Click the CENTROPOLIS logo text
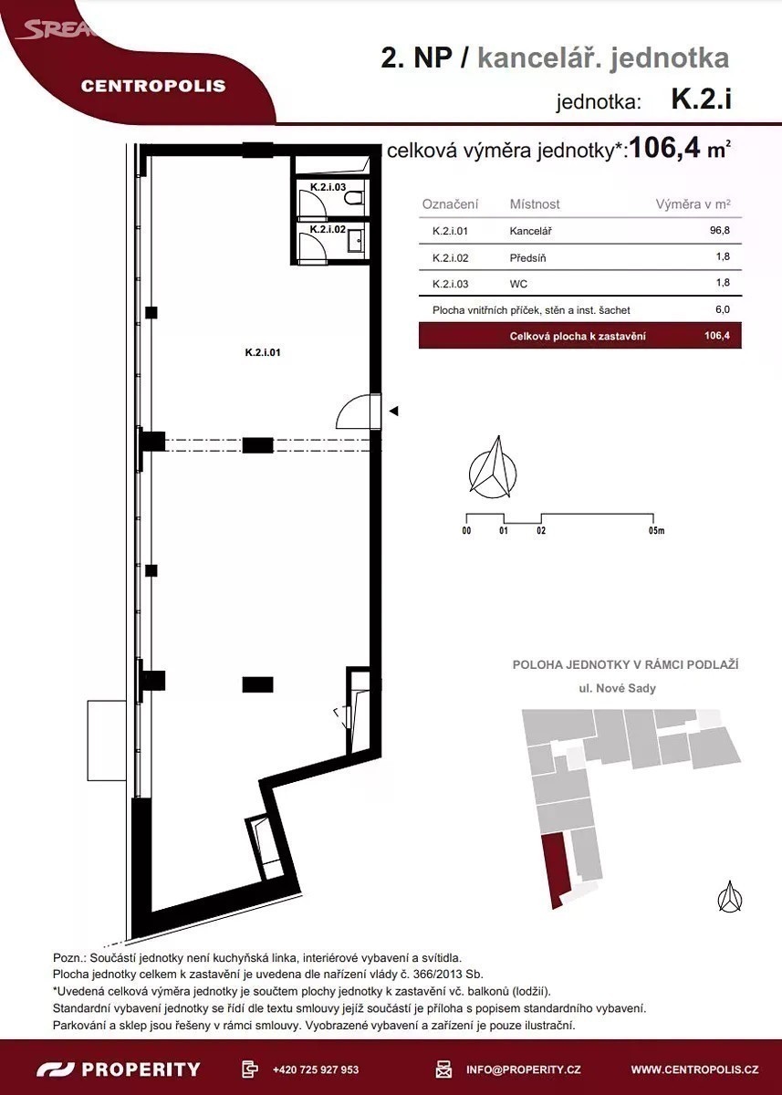[x=153, y=86]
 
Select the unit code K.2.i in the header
[x=702, y=99]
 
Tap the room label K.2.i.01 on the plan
[x=263, y=352]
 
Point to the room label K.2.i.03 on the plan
[x=328, y=187]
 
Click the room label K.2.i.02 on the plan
[x=328, y=229]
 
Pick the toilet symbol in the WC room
[x=353, y=199]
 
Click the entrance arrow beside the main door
[x=393, y=412]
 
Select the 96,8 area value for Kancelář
[x=719, y=230]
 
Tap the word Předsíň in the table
[x=527, y=257]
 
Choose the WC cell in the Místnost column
[x=518, y=284]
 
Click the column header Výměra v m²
[x=693, y=204]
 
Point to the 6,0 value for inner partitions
[x=723, y=309]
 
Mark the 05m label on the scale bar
[x=656, y=530]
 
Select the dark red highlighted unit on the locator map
[x=557, y=871]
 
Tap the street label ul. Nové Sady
[x=617, y=688]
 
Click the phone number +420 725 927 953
[x=316, y=1069]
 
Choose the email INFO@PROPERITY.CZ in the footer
[x=523, y=1069]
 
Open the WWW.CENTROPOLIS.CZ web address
[x=695, y=1069]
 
